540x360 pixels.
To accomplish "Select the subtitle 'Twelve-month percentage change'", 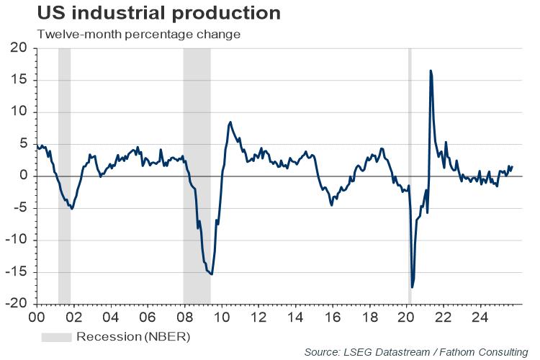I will tap(137, 34).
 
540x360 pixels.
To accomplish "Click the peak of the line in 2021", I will tap(430, 71).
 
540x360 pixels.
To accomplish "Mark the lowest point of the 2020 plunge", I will tap(412, 287).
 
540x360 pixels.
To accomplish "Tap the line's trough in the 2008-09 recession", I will tap(211, 274).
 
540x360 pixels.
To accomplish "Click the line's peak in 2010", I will tap(230, 122).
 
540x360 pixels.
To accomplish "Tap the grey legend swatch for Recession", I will tap(56, 336).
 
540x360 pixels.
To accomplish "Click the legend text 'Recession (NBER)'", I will tap(133, 336).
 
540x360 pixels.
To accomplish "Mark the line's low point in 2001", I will tap(71, 209).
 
